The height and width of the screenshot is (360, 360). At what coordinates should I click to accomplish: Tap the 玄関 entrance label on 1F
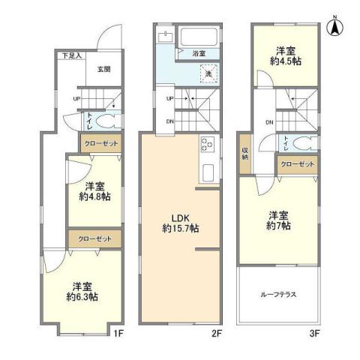(x=103, y=69)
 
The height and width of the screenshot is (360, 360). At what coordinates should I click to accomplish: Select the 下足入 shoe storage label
(x=72, y=55)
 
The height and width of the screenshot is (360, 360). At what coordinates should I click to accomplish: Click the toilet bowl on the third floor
(x=301, y=142)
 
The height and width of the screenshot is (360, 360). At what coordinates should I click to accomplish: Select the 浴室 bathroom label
(x=198, y=54)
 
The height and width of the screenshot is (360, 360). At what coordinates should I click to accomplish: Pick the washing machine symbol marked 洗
(x=209, y=73)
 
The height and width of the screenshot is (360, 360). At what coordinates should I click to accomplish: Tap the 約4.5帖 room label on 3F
(x=284, y=56)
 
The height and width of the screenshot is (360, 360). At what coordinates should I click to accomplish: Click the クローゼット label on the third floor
(x=296, y=164)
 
